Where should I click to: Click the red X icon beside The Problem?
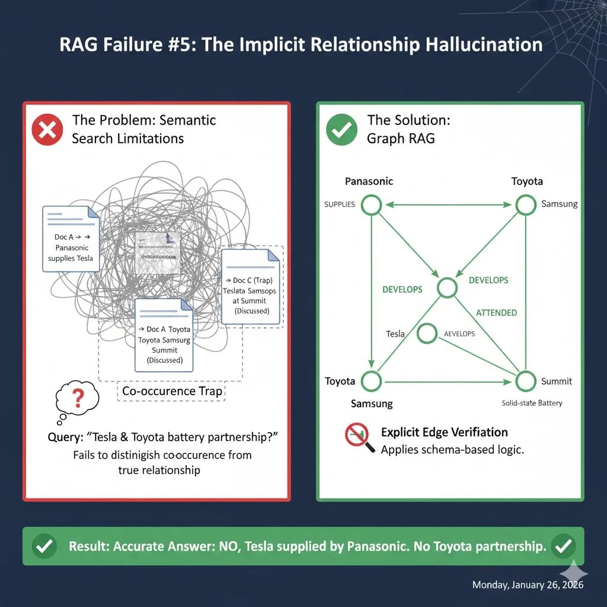tap(47, 130)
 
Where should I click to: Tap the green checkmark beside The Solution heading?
tap(342, 130)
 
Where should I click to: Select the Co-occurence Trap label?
tap(172, 391)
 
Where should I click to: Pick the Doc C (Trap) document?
tap(250, 287)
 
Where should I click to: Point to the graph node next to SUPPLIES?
tap(372, 205)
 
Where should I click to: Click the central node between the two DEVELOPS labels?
tap(447, 287)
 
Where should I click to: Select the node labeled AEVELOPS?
tap(427, 334)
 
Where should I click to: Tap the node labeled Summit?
tap(526, 381)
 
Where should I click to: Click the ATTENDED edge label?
tap(496, 312)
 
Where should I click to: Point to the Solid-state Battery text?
tap(532, 403)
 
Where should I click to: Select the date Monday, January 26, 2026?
tap(528, 585)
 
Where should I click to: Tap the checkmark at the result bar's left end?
tap(44, 546)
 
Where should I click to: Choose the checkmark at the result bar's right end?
tap(563, 546)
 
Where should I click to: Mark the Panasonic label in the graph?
tap(369, 181)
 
